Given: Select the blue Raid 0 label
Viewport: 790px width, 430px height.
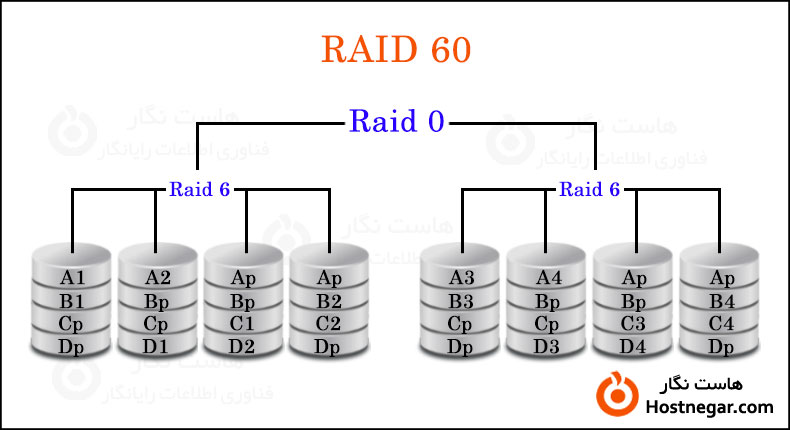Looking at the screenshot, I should [396, 121].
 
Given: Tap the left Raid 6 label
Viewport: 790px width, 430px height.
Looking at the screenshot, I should [200, 188].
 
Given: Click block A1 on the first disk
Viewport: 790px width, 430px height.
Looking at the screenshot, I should [72, 277].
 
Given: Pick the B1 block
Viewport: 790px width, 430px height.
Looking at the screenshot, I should [72, 300].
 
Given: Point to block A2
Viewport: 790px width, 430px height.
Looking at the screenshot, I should [157, 277].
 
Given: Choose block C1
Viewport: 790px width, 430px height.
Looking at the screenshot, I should [243, 323].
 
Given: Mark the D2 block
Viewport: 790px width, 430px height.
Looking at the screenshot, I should [243, 346].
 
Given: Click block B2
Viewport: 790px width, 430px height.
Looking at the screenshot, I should [328, 300].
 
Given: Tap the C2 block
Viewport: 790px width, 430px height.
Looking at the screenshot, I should [328, 323].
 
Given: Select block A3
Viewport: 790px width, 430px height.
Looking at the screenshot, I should [460, 277].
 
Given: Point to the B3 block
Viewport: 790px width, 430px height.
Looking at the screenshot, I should [460, 300].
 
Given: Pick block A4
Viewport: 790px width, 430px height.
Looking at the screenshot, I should [547, 277].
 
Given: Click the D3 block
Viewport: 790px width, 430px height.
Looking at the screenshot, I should [547, 346].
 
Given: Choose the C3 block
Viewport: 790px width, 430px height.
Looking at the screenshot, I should [634, 323].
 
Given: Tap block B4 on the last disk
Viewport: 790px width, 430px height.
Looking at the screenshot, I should [721, 300].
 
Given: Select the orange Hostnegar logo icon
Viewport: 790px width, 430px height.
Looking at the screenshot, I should [615, 395].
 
